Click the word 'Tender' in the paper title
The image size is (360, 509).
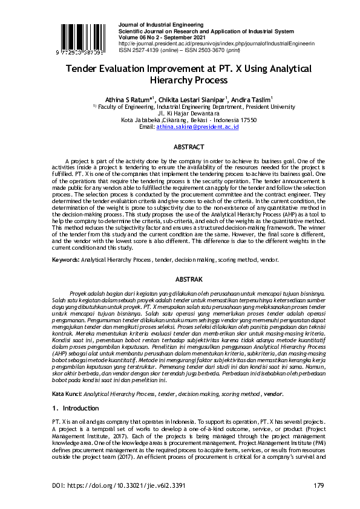point(83,68)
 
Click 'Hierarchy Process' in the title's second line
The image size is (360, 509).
point(180,80)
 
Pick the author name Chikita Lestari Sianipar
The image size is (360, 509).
point(194,99)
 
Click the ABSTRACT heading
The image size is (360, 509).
point(188,147)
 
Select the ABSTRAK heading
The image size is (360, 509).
point(188,279)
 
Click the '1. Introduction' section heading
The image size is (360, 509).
point(76,409)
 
